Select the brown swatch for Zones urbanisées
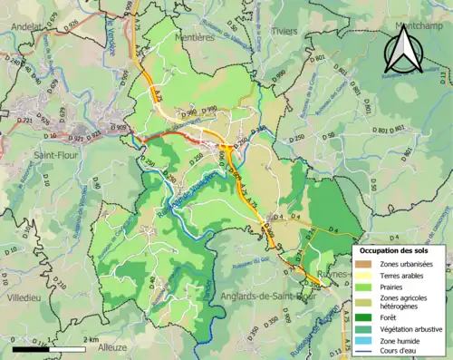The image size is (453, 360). (x=364, y=264)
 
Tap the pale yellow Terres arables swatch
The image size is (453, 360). (x=364, y=277)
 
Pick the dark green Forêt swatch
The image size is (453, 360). (x=364, y=317)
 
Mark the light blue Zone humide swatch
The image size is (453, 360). (x=364, y=341)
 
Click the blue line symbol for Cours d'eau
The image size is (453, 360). (x=364, y=353)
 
